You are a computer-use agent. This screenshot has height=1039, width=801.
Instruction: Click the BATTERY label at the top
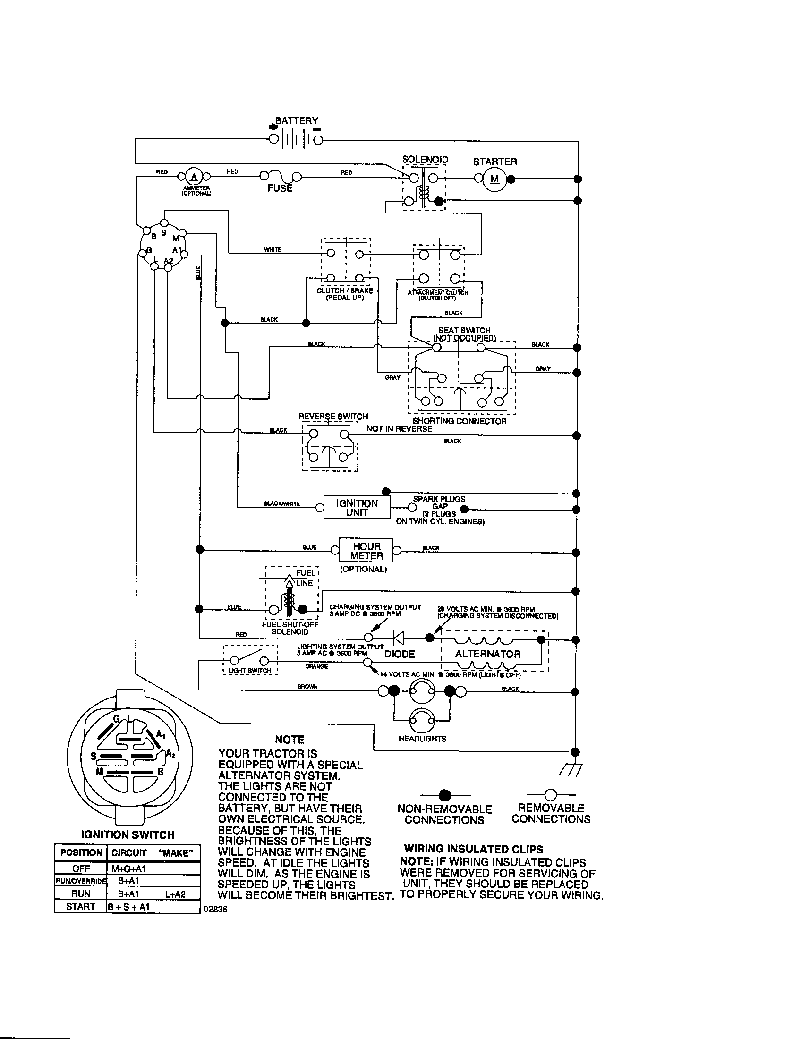[x=297, y=121]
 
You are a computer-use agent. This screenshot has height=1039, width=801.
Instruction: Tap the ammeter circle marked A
[x=194, y=177]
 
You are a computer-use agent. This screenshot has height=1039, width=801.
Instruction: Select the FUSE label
[x=280, y=188]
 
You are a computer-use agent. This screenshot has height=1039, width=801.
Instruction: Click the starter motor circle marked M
[x=494, y=179]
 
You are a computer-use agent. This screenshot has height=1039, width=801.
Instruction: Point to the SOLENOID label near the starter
[x=425, y=159]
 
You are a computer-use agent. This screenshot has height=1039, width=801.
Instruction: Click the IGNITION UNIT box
[x=357, y=508]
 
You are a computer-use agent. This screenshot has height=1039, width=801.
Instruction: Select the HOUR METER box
[x=366, y=550]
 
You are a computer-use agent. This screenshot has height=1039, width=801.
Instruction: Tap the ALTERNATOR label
[x=487, y=654]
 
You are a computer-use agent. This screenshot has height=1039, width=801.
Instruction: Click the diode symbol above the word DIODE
[x=399, y=638]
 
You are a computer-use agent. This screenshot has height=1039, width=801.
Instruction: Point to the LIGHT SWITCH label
[x=250, y=671]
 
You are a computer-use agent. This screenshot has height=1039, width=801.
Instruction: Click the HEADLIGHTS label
[x=422, y=739]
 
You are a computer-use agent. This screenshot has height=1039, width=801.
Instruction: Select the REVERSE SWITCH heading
[x=333, y=416]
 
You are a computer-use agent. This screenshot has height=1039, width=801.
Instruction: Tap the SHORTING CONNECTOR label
[x=460, y=421]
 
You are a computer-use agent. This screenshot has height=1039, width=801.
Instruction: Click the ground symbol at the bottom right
[x=571, y=770]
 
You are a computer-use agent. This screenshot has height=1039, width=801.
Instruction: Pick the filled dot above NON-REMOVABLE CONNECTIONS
[x=445, y=795]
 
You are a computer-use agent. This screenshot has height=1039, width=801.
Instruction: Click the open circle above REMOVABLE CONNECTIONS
[x=550, y=794]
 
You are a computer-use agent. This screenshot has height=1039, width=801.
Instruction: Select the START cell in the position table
[x=80, y=907]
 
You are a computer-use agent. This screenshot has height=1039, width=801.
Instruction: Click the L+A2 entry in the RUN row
[x=176, y=894]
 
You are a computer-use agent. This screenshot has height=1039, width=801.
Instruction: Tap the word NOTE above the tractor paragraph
[x=290, y=740]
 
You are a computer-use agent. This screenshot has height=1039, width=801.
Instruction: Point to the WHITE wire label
[x=273, y=250]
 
